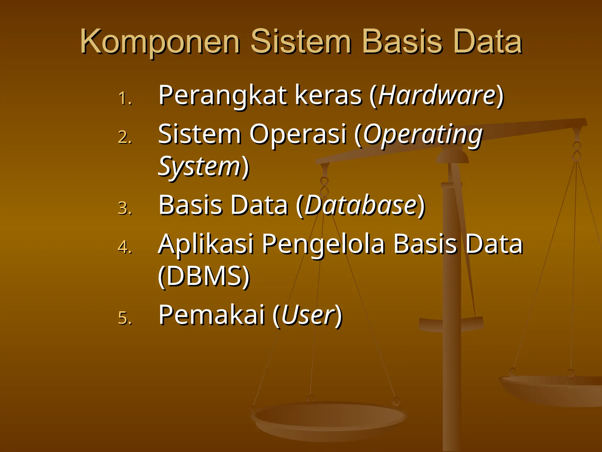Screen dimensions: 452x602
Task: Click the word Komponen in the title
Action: (160, 42)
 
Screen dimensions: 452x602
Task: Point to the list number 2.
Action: (125, 137)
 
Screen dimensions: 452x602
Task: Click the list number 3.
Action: (125, 208)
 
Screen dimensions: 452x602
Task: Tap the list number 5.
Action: (125, 318)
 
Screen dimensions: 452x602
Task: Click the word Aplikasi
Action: (206, 244)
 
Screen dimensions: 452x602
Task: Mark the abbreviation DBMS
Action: (204, 276)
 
